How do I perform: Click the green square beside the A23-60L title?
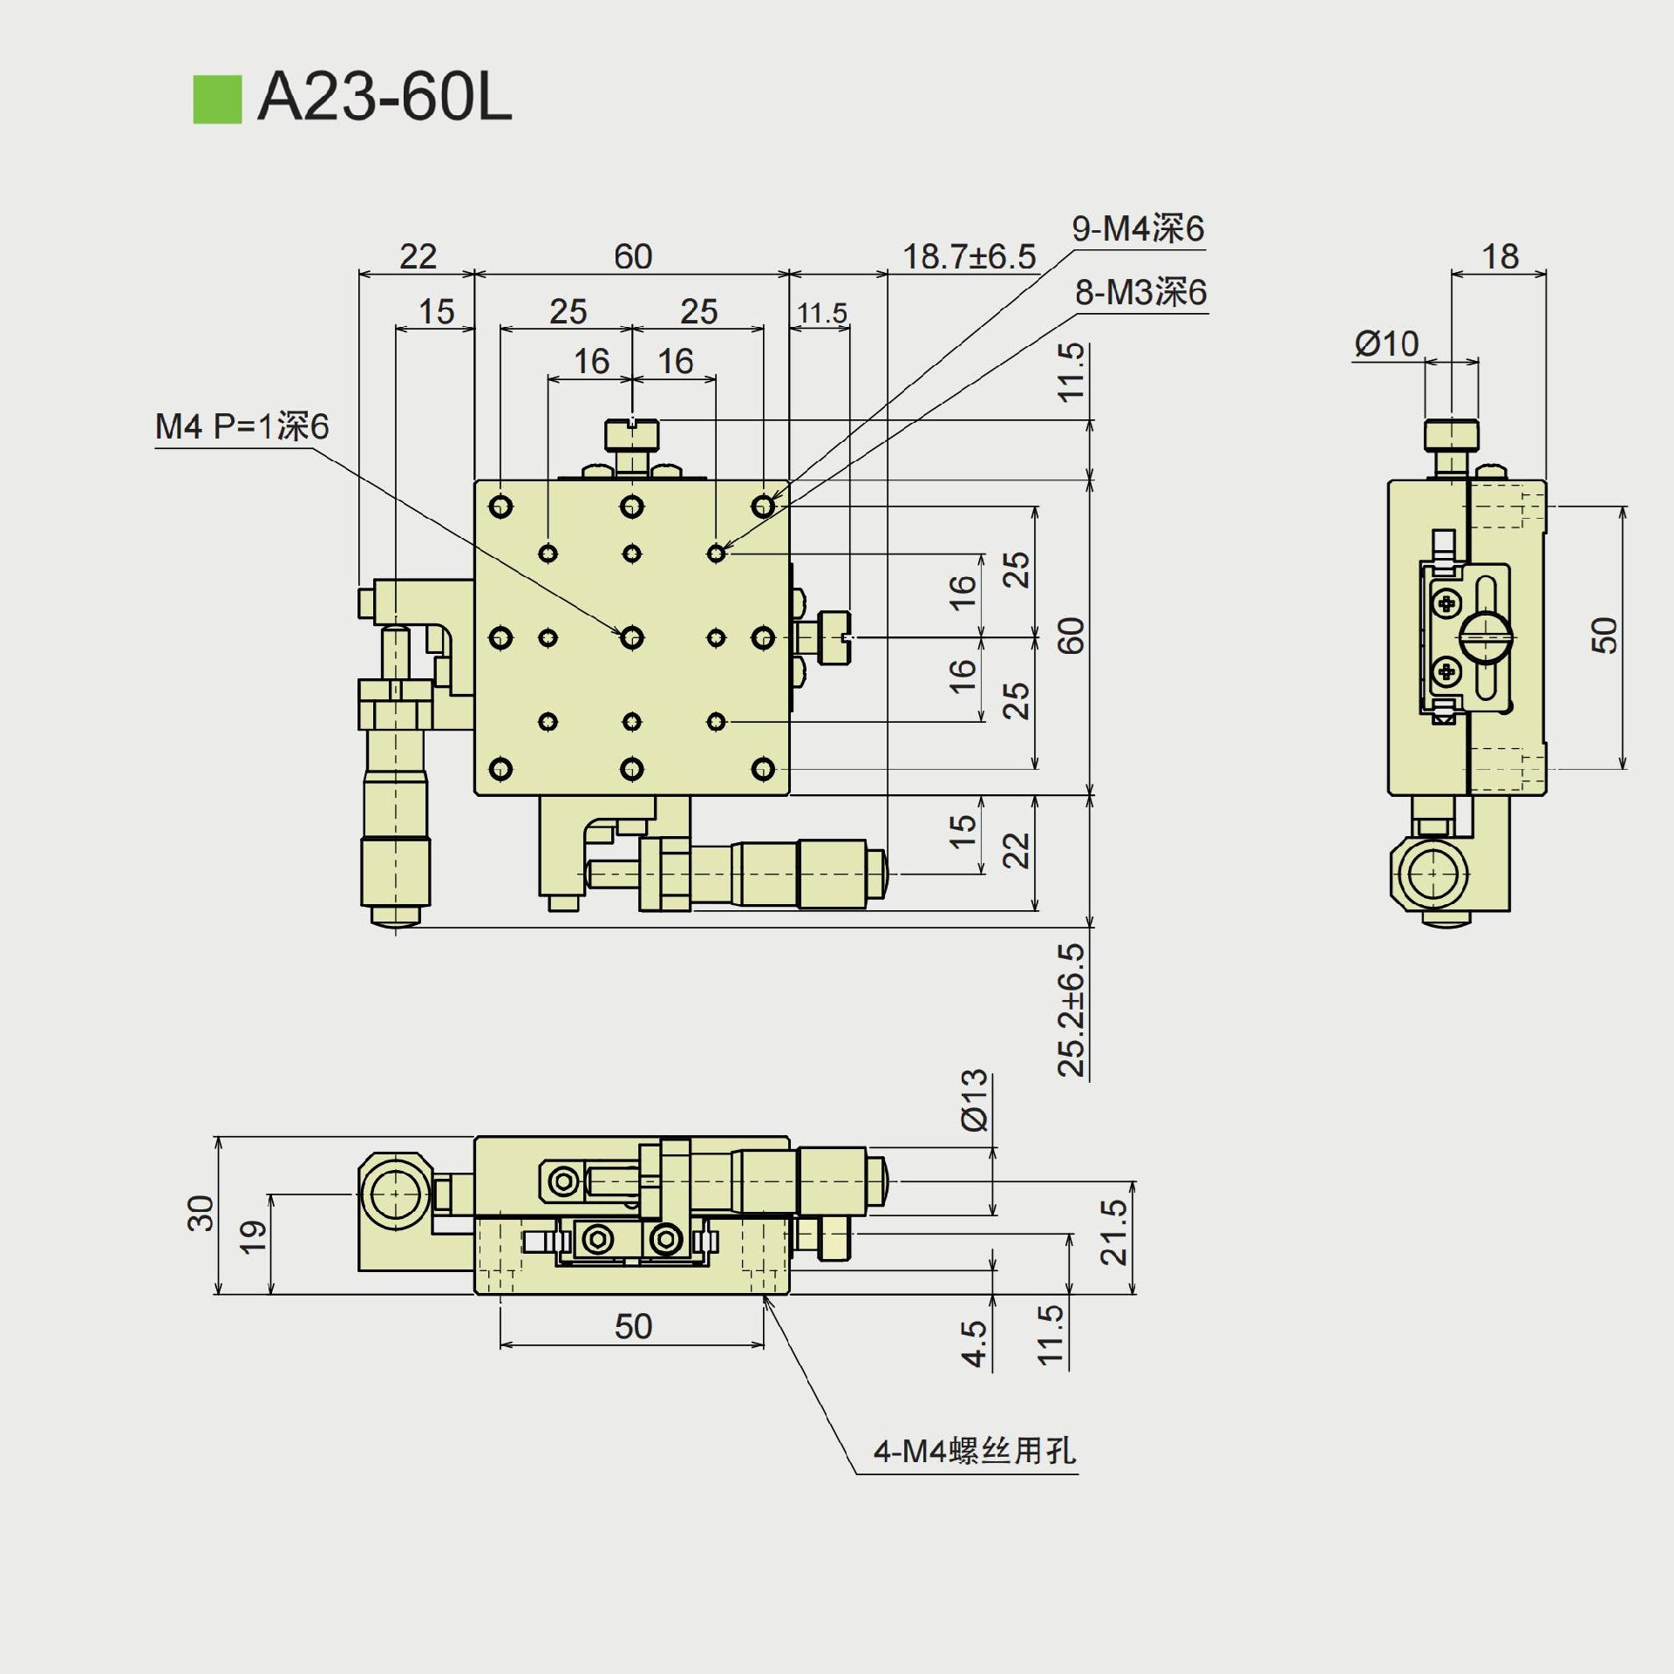click(217, 99)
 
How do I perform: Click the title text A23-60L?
click(384, 97)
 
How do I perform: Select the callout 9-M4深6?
click(1138, 229)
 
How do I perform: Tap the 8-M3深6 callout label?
click(1140, 293)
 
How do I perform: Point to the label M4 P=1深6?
click(242, 427)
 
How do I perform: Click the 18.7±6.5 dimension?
click(969, 257)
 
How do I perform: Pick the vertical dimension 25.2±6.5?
click(1072, 1010)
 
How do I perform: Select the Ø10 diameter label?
click(1386, 344)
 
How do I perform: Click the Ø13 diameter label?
click(976, 1100)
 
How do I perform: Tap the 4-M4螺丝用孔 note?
click(975, 1451)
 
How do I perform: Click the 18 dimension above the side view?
click(1500, 257)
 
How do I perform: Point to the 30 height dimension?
click(201, 1213)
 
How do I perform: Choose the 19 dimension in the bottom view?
click(254, 1237)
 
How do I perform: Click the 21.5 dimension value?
click(1114, 1233)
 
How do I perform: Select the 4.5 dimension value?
click(974, 1344)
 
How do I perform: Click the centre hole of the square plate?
click(632, 638)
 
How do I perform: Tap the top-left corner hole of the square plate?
click(500, 507)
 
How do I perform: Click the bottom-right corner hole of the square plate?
click(763, 769)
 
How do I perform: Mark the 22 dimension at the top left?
click(418, 257)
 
